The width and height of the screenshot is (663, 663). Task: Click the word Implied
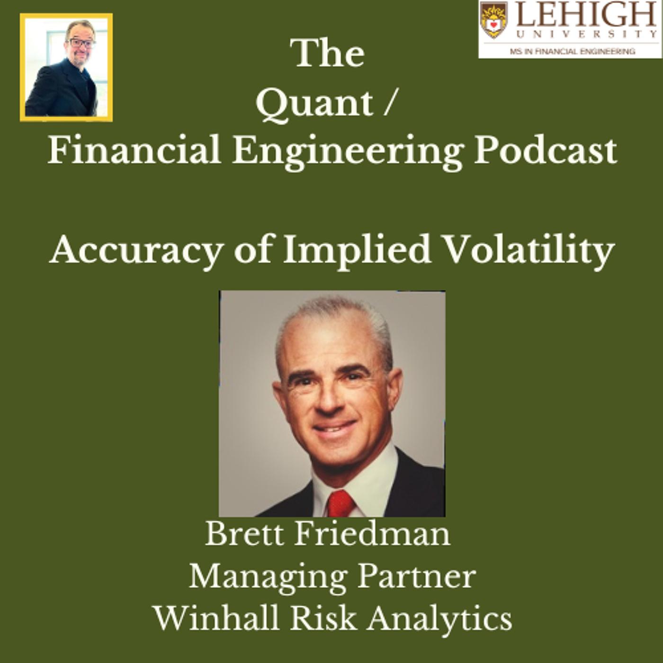click(356, 251)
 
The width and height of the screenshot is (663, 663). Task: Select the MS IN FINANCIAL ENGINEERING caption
click(573, 51)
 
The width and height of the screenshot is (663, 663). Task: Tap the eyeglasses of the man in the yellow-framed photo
click(81, 43)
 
